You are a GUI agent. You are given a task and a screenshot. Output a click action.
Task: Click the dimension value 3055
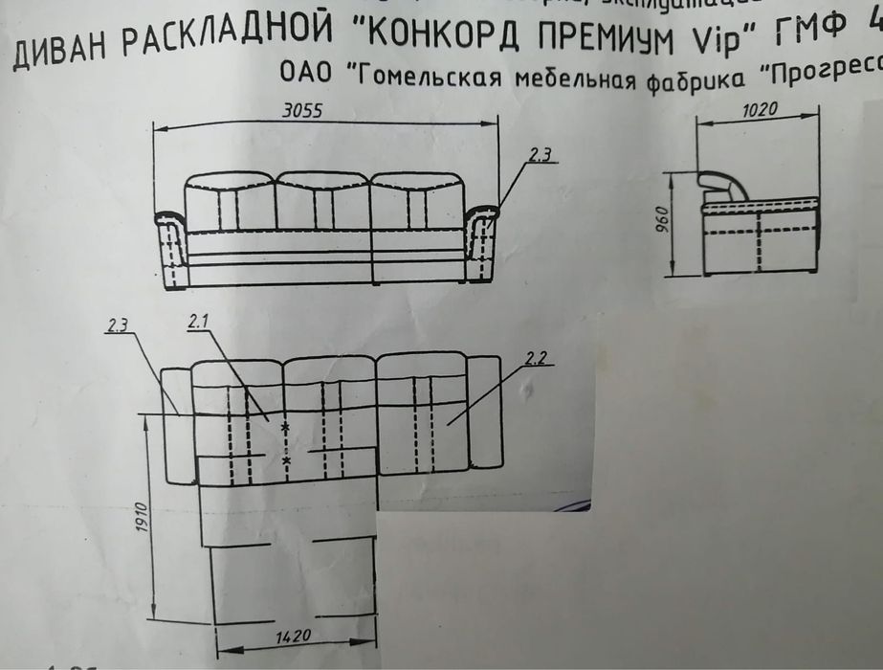click(301, 109)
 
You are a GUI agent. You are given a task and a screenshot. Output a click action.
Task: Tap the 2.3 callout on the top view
click(119, 325)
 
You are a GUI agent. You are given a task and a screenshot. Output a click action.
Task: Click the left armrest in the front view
click(171, 248)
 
